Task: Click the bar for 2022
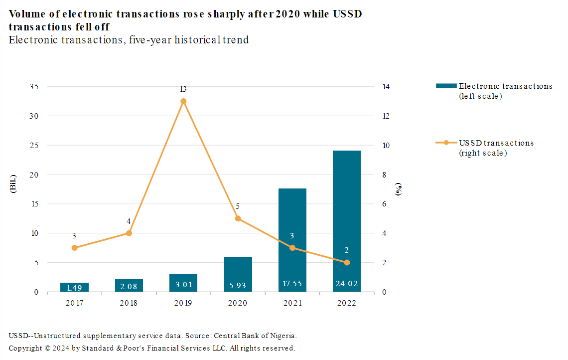pyautogui.click(x=347, y=219)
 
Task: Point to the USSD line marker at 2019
pyautogui.click(x=183, y=101)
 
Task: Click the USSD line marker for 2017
pyautogui.click(x=74, y=248)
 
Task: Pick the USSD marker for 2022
pyautogui.click(x=347, y=263)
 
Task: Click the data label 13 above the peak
pyautogui.click(x=183, y=90)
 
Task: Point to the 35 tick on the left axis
pyautogui.click(x=33, y=87)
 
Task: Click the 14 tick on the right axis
pyautogui.click(x=386, y=87)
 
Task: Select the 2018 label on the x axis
pyautogui.click(x=129, y=303)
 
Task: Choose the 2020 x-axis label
pyautogui.click(x=238, y=303)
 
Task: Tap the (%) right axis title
pyautogui.click(x=399, y=189)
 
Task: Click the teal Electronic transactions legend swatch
pyautogui.click(x=446, y=86)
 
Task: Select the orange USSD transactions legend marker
pyautogui.click(x=446, y=143)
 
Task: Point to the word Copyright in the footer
pyautogui.click(x=25, y=348)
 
